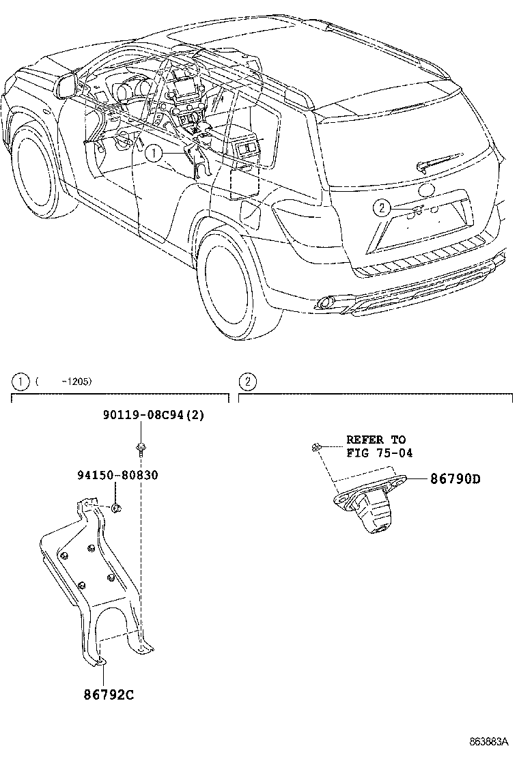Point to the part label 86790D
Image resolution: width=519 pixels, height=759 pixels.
click(x=455, y=479)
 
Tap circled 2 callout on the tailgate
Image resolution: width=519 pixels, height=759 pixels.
click(x=382, y=207)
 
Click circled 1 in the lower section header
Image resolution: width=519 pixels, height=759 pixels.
click(x=22, y=382)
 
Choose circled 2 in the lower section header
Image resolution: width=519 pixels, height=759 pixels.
click(x=249, y=382)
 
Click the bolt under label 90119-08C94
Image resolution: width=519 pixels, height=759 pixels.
click(x=140, y=448)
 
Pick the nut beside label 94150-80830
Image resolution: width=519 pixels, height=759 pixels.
click(x=116, y=507)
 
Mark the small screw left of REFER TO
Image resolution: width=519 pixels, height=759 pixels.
click(x=316, y=447)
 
